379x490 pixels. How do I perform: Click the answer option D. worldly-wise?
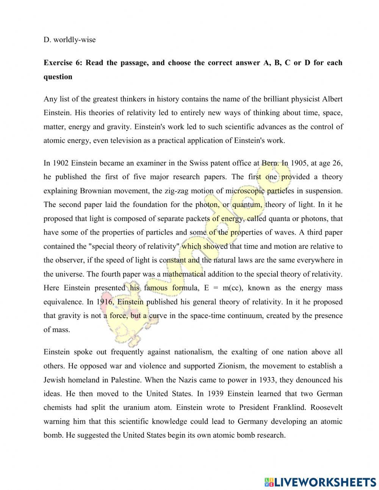(x=69, y=39)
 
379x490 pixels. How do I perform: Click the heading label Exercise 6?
(x=63, y=63)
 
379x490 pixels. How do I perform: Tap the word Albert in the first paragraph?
(x=332, y=99)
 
